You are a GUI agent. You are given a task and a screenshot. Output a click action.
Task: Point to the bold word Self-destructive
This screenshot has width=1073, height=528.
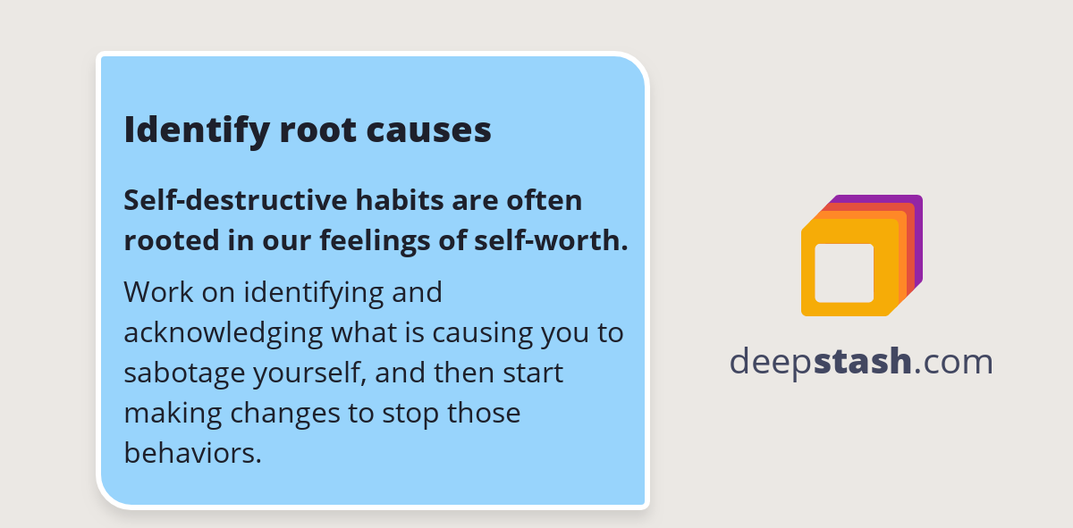pos(224,200)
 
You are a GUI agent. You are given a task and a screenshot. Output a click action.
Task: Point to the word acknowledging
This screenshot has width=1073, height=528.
pos(223,333)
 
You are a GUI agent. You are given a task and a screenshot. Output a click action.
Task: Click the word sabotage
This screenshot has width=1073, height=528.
pos(178,373)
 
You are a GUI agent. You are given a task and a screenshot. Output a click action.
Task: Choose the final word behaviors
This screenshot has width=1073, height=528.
pos(192,453)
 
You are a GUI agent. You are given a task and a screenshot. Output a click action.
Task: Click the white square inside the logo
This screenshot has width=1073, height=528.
pos(844,272)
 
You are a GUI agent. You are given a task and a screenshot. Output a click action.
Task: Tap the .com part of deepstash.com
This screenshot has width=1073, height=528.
pos(954,362)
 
